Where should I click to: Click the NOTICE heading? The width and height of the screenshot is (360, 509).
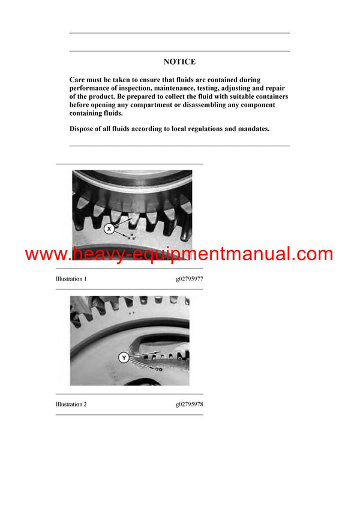179,62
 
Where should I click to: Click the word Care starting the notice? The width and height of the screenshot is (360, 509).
78,80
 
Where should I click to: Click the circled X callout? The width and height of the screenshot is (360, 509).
109,228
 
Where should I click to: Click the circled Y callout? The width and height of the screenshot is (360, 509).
124,358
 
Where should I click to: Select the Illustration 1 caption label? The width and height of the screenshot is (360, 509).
71,279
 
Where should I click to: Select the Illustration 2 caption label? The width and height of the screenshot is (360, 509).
71,404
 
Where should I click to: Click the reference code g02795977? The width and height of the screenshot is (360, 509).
189,279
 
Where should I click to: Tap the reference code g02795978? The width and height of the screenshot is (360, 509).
189,404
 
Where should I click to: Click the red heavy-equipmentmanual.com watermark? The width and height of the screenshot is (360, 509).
179,254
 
